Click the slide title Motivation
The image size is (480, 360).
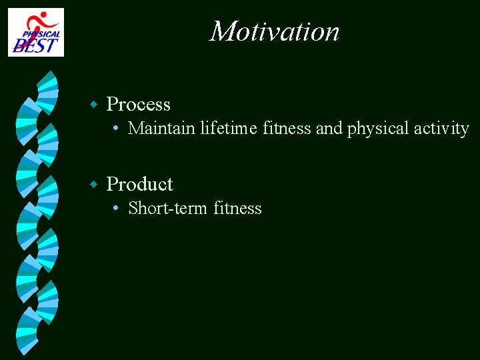click(275, 31)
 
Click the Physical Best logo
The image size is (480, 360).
click(36, 32)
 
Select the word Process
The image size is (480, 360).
click(139, 105)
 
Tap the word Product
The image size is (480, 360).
click(140, 185)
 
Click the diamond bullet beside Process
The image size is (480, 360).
click(95, 105)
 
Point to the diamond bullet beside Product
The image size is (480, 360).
click(95, 184)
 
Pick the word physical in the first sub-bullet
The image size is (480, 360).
click(378, 129)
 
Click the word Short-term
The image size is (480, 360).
click(168, 209)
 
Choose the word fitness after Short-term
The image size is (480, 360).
click(238, 209)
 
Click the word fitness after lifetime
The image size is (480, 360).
click(287, 128)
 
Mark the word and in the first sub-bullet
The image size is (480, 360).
click(329, 128)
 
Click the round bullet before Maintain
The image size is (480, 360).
click(116, 129)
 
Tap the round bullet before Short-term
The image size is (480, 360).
click(116, 209)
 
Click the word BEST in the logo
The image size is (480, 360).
click(36, 45)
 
